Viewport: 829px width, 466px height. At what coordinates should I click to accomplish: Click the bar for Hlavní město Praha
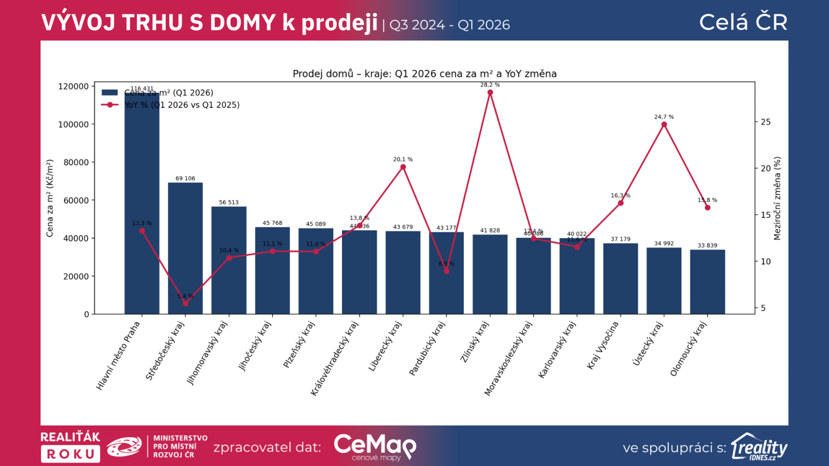pyautogui.click(x=141, y=207)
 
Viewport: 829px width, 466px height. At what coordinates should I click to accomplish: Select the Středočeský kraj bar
pyautogui.click(x=185, y=249)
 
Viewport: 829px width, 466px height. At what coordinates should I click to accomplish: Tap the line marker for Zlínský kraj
pyautogui.click(x=490, y=93)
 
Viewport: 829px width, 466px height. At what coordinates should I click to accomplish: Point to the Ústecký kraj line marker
pyautogui.click(x=664, y=124)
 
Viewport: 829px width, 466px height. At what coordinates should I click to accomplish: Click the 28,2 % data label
pyautogui.click(x=490, y=85)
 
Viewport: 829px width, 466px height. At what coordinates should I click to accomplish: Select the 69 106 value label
pyautogui.click(x=185, y=179)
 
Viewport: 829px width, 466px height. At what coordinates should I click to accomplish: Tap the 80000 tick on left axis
pyautogui.click(x=76, y=162)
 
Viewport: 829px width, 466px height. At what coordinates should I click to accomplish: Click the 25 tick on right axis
pyautogui.click(x=765, y=122)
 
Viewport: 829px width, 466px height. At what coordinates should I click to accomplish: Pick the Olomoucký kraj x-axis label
pyautogui.click(x=689, y=348)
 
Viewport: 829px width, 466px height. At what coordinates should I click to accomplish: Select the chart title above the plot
pyautogui.click(x=424, y=74)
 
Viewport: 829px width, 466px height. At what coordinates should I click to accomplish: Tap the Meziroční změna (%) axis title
pyautogui.click(x=777, y=198)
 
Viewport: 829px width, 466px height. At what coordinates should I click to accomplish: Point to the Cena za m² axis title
pyautogui.click(x=50, y=198)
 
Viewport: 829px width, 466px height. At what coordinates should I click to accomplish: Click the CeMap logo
pyautogui.click(x=375, y=447)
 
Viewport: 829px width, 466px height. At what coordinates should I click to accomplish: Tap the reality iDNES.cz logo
pyautogui.click(x=759, y=447)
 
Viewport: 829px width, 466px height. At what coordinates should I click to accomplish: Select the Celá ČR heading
pyautogui.click(x=743, y=22)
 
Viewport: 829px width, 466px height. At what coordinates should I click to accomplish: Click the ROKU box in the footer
pyautogui.click(x=70, y=454)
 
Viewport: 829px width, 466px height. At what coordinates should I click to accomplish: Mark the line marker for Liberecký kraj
pyautogui.click(x=403, y=167)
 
